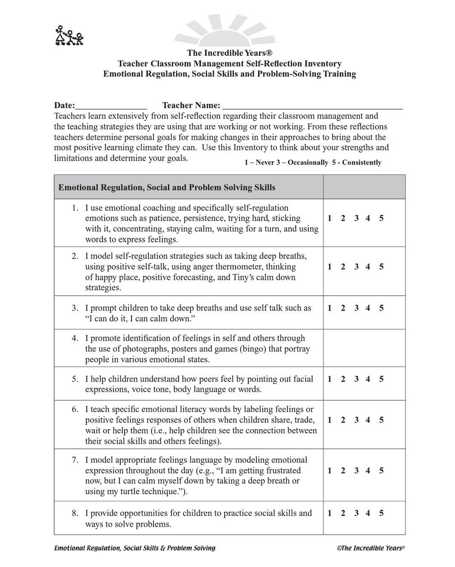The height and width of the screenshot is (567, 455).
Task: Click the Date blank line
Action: click(111, 106)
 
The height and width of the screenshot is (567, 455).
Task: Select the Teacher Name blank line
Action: click(312, 106)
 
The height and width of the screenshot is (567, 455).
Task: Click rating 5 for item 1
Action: click(381, 218)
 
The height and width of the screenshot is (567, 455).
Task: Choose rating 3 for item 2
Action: click(356, 266)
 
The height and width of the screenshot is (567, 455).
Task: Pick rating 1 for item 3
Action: click(329, 308)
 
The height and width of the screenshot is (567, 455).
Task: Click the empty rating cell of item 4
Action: click(364, 348)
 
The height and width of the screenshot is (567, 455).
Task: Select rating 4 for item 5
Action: click(368, 379)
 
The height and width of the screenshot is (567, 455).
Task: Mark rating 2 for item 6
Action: click(343, 420)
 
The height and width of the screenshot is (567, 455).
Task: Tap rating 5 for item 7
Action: click(381, 471)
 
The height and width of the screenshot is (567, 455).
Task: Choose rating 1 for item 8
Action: click(329, 514)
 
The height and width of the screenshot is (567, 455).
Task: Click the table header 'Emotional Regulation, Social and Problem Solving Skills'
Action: click(167, 187)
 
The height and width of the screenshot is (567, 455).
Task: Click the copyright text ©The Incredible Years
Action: click(371, 548)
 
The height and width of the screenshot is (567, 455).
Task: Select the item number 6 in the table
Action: click(75, 409)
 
